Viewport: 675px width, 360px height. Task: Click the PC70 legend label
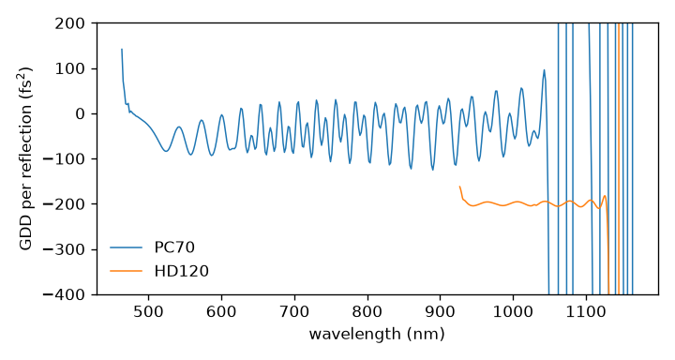coord(174,247)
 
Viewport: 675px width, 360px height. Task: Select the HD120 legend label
coord(181,271)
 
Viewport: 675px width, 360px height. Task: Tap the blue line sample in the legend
coord(126,247)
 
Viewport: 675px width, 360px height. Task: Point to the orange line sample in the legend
coord(126,271)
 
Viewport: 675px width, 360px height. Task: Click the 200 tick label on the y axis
coord(69,23)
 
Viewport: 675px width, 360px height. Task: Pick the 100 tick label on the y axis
coord(69,68)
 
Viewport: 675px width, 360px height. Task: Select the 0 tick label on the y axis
coord(80,113)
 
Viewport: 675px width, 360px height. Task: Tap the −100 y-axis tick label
coord(64,158)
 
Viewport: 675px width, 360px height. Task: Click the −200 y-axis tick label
coord(64,204)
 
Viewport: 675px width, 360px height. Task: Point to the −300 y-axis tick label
coord(64,249)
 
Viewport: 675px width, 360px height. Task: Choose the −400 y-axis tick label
coord(64,294)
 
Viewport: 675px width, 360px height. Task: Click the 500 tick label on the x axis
coord(148,311)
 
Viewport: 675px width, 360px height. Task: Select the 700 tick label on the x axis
coord(294,311)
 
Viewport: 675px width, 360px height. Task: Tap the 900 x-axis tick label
coord(440,311)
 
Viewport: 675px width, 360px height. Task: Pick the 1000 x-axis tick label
coord(513,311)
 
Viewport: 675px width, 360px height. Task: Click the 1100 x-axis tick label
coord(586,311)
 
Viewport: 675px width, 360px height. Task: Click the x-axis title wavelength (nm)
coord(377,334)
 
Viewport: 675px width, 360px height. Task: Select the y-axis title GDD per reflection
coord(25,158)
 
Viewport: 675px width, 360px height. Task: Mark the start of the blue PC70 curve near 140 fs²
coord(121,49)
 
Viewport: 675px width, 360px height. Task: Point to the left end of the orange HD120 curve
coord(459,187)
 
